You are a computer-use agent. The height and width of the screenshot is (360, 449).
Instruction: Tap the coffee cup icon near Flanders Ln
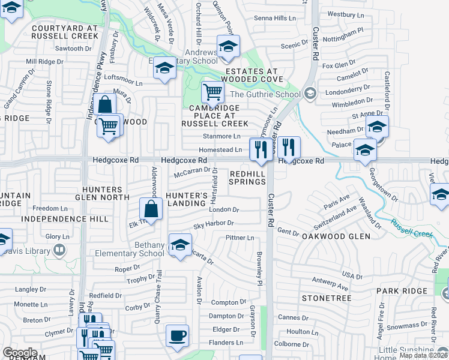(177, 335)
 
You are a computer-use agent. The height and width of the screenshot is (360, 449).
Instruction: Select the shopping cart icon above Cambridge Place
(212, 92)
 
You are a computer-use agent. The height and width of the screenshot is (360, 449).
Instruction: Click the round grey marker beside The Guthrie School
(310, 93)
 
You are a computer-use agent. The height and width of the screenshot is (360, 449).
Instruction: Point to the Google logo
(19, 353)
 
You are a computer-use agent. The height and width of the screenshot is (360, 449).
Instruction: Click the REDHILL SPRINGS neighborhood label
(247, 177)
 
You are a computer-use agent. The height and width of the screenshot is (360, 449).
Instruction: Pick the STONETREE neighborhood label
(326, 297)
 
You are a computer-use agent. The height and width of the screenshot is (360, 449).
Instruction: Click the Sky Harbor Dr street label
(213, 224)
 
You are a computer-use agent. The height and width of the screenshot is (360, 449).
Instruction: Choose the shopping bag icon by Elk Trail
(151, 209)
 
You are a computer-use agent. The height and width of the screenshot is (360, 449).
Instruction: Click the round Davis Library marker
(59, 249)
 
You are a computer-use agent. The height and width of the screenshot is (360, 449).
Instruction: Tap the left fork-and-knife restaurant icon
(260, 148)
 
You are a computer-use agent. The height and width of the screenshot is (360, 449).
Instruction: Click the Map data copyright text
(423, 355)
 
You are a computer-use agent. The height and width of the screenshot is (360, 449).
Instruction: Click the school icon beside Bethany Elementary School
(179, 245)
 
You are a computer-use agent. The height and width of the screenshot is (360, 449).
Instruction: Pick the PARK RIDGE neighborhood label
(402, 291)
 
